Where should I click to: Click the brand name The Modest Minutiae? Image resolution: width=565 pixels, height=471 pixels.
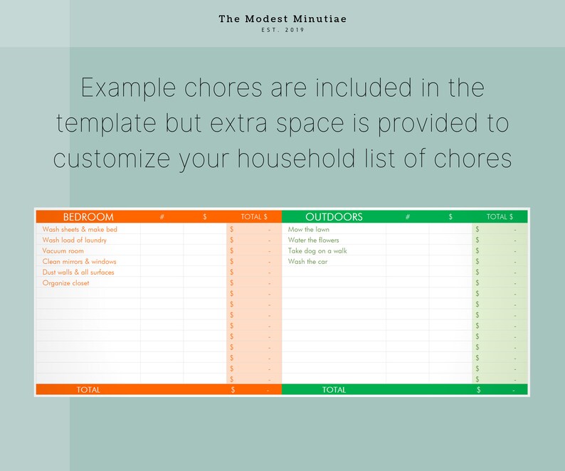click(282, 18)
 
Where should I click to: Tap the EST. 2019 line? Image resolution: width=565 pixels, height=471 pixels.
click(282, 30)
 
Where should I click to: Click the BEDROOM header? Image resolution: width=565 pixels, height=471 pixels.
click(88, 217)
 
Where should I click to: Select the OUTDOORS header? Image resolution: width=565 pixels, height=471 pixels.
click(334, 217)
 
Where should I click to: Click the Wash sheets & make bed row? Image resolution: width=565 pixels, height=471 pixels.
click(80, 230)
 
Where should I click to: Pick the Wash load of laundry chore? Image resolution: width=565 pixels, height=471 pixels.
click(75, 240)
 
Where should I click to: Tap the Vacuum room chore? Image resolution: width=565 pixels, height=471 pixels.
click(63, 251)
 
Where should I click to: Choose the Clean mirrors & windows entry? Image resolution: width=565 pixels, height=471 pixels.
click(79, 262)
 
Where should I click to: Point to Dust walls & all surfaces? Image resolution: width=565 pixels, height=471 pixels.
click(78, 272)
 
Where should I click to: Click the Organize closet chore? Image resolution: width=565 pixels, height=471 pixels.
click(65, 283)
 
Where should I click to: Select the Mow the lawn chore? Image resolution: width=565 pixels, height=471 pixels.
click(309, 230)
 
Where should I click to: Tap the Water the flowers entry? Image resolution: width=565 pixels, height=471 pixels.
click(314, 240)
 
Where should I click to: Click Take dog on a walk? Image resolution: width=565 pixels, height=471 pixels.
click(317, 251)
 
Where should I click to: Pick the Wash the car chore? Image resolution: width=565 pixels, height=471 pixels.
click(307, 262)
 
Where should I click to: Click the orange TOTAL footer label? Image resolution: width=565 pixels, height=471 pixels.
click(88, 390)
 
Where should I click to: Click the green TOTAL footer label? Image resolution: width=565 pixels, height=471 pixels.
click(334, 390)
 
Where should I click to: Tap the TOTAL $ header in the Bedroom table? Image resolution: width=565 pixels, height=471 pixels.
click(254, 217)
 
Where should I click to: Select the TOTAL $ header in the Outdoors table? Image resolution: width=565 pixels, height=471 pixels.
click(500, 217)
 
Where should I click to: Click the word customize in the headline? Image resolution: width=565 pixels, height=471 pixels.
click(117, 158)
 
